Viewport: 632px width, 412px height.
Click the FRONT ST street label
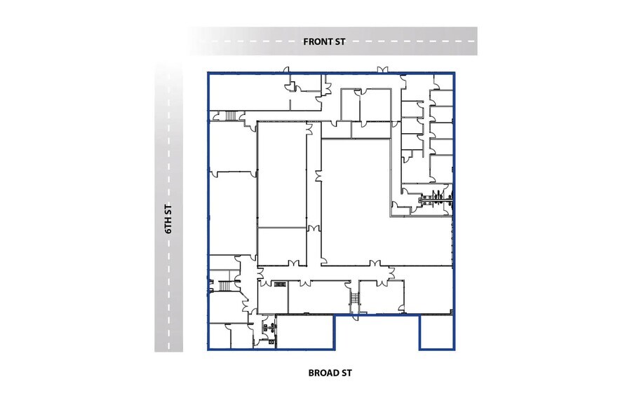click(x=324, y=41)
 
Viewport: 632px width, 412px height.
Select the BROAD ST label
click(x=330, y=372)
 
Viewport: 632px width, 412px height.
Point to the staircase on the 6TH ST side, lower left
click(x=225, y=285)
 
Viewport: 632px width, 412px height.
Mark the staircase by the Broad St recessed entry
click(x=355, y=299)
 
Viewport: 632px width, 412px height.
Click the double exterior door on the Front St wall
click(x=381, y=69)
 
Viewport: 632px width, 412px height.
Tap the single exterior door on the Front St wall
click(x=285, y=69)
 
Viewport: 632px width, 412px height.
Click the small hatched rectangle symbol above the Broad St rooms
click(x=280, y=284)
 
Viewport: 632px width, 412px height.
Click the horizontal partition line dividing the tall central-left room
click(x=281, y=227)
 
